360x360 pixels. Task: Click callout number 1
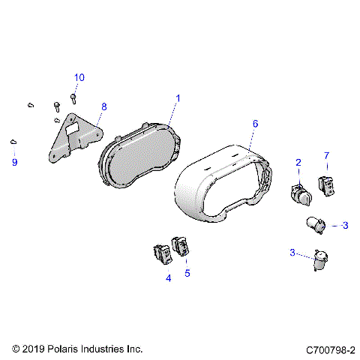178,98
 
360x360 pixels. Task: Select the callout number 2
298,163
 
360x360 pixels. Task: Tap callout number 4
168,278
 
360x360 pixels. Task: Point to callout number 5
187,274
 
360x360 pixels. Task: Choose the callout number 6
255,122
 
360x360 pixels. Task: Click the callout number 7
326,155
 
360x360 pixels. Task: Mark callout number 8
104,107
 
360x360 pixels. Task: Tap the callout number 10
79,78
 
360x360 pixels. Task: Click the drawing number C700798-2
330,349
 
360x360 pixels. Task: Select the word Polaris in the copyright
67,349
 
